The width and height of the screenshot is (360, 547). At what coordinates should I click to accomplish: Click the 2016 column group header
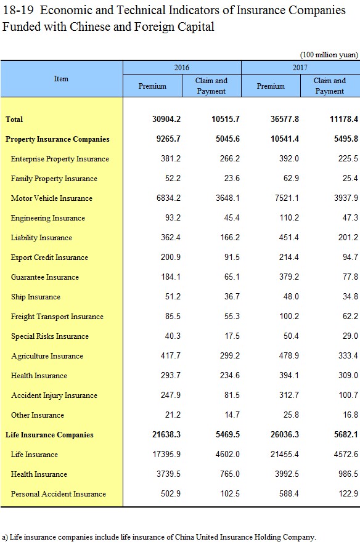[x=182, y=67]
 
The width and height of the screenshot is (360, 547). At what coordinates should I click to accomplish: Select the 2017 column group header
[x=300, y=67]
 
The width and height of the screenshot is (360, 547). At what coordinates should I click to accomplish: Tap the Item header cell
[x=61, y=79]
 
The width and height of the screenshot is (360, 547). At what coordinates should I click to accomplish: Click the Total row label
[x=14, y=120]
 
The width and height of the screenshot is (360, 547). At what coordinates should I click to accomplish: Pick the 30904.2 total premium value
[x=166, y=120]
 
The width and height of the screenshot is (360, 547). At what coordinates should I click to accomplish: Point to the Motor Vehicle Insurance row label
[x=52, y=198]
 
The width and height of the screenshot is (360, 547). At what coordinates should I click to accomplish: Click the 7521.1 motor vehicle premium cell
[x=285, y=198]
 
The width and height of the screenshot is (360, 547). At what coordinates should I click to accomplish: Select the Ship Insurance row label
[x=36, y=297]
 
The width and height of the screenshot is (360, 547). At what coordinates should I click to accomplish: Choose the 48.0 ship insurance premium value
[x=291, y=296]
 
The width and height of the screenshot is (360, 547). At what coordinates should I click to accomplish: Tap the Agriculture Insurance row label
[x=47, y=356]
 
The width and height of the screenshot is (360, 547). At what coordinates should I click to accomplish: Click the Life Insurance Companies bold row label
[x=49, y=435]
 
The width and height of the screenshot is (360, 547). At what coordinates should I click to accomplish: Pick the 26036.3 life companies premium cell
[x=285, y=435]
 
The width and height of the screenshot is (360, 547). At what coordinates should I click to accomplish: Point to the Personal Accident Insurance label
[x=59, y=494]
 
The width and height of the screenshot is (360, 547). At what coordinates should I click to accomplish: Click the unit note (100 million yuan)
[x=329, y=55]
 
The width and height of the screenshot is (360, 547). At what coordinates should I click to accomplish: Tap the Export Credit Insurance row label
[x=49, y=257]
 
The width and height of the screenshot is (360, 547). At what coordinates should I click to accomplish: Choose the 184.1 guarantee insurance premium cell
[x=171, y=277]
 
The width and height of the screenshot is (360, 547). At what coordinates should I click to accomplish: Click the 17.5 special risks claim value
[x=232, y=336]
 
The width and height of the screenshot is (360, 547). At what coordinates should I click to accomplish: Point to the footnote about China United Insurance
[x=159, y=537]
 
